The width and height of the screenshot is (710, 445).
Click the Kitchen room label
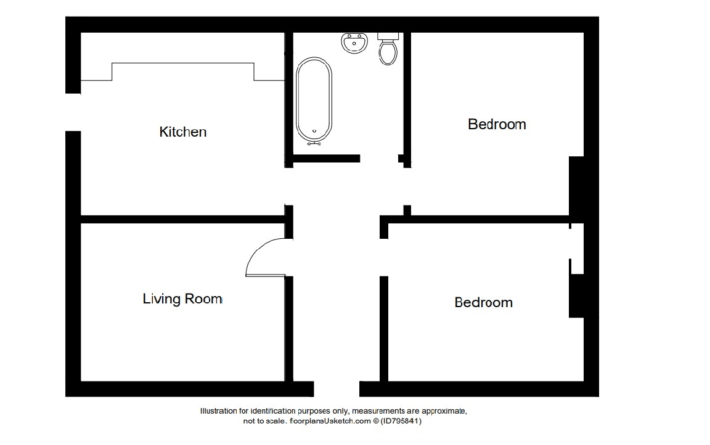pyautogui.click(x=183, y=132)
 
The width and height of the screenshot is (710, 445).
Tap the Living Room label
pyautogui.click(x=182, y=299)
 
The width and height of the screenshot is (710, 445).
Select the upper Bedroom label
pyautogui.click(x=497, y=124)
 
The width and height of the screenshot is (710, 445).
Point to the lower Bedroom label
pyautogui.click(x=484, y=302)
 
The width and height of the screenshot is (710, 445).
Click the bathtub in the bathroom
pyautogui.click(x=314, y=100)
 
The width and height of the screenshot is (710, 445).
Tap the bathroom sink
pyautogui.click(x=354, y=43)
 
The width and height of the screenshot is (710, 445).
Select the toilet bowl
pyautogui.click(x=388, y=52)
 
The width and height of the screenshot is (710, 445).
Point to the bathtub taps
pyautogui.click(x=314, y=143)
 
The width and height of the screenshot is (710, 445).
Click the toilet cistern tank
pyautogui.click(x=388, y=36)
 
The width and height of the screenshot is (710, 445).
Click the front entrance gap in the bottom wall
pyautogui.click(x=337, y=389)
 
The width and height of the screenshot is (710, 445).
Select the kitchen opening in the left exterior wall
pyautogui.click(x=73, y=113)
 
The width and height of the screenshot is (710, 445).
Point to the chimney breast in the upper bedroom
pyautogui.click(x=577, y=188)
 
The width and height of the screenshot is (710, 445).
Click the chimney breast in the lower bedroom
pyautogui.click(x=577, y=296)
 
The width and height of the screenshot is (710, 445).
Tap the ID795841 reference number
pyautogui.click(x=401, y=421)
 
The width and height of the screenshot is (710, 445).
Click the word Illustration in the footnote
pyautogui.click(x=218, y=411)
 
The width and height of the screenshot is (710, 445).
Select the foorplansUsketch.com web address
pyautogui.click(x=330, y=421)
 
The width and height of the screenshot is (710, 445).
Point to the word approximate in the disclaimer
pyautogui.click(x=444, y=411)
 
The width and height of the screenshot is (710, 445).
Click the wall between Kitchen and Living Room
pyautogui.click(x=183, y=219)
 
